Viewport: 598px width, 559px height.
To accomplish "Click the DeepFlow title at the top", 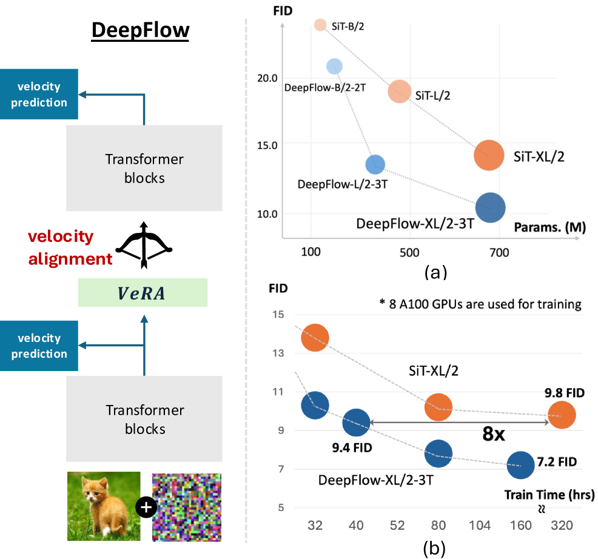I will pos(140,30).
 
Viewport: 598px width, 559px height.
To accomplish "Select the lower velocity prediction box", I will pos(38,346).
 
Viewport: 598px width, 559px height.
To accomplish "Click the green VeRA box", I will pos(143,293).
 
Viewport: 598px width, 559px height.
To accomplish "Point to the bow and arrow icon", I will pos(144,244).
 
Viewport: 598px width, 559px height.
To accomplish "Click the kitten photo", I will pos(104,506).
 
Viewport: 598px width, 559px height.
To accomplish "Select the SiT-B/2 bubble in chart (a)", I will pos(321,25).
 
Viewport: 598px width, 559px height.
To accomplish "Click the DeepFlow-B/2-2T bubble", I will pos(334,66).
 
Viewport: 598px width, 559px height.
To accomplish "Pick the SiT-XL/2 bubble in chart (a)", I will pos(489,155).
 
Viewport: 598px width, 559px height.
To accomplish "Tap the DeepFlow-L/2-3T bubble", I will pos(375,164).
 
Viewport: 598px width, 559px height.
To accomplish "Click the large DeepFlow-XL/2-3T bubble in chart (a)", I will pos(490,208).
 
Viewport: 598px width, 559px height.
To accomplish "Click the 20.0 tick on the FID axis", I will pos(267,78).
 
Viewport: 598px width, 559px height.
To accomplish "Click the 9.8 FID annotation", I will pos(564,393).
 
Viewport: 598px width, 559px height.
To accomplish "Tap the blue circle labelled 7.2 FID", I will pos(520,464).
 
